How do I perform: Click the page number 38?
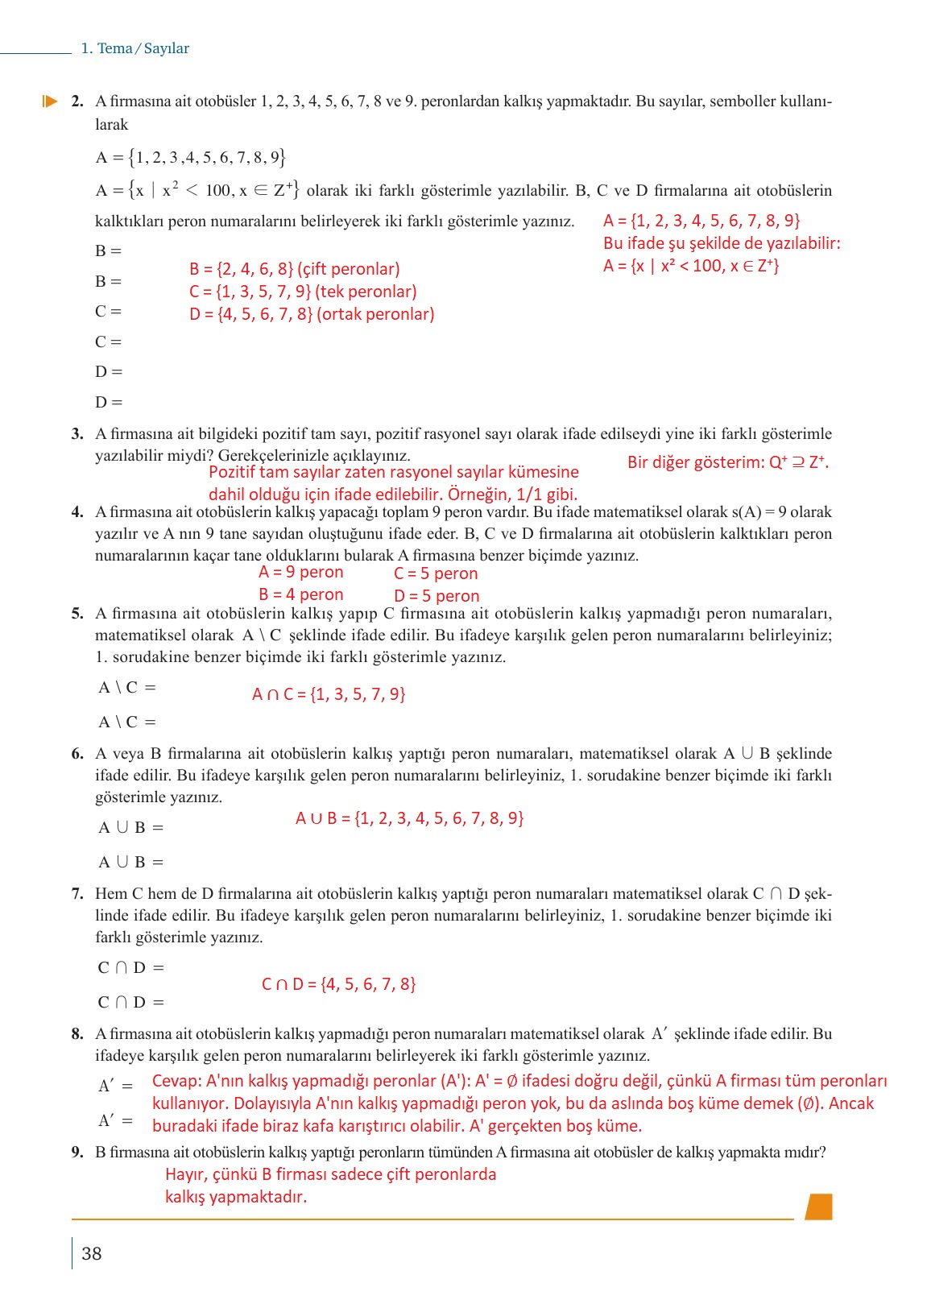point(92,1253)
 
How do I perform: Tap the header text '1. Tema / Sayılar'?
point(135,48)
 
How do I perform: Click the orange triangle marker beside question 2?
point(50,101)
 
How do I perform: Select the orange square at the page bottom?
point(818,1206)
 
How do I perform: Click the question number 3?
point(77,434)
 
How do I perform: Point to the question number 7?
point(77,893)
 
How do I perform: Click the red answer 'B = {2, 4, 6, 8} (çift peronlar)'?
point(294,269)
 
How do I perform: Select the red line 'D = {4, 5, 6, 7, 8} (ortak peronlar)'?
point(312,314)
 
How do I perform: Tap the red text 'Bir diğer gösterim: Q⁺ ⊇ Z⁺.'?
point(727,462)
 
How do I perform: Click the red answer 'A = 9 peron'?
point(300,572)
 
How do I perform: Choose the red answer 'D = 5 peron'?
point(437,596)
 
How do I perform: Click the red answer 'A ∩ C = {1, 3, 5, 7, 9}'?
point(329,693)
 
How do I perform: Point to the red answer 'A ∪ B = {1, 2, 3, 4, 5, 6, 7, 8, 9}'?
point(409,818)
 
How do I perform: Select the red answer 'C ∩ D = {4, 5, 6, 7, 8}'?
point(338,983)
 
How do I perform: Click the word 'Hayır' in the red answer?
point(184,1174)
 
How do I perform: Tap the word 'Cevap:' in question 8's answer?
point(176,1081)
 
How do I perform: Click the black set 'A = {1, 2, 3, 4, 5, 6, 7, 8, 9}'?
point(190,157)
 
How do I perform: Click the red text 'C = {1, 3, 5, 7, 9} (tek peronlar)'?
point(303,292)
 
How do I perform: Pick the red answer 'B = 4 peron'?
point(300,594)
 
